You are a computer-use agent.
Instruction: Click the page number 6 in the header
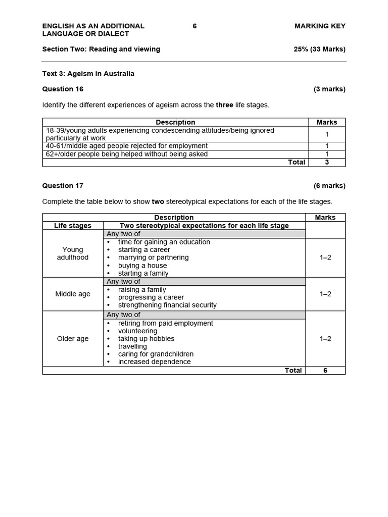point(195,26)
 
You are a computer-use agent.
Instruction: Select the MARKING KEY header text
point(320,26)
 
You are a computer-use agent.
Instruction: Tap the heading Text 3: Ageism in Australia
point(88,74)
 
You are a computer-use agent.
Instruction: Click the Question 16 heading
point(63,89)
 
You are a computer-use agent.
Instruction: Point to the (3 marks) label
point(329,89)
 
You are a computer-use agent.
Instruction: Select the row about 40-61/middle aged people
point(127,146)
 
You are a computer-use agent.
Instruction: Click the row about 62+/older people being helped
point(127,154)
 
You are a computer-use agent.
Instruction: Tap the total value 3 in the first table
point(326,162)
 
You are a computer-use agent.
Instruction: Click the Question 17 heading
point(63,185)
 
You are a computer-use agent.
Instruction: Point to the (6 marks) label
point(329,185)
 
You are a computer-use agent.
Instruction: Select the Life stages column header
point(73,226)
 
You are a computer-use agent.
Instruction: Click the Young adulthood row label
point(73,253)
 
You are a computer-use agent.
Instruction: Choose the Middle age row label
point(73,294)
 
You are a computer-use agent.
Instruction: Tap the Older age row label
point(73,339)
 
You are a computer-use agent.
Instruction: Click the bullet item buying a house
point(142,266)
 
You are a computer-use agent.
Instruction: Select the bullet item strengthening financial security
point(167,305)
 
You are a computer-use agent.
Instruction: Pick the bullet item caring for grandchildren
point(156,354)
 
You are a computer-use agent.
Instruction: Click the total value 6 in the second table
point(325,370)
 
